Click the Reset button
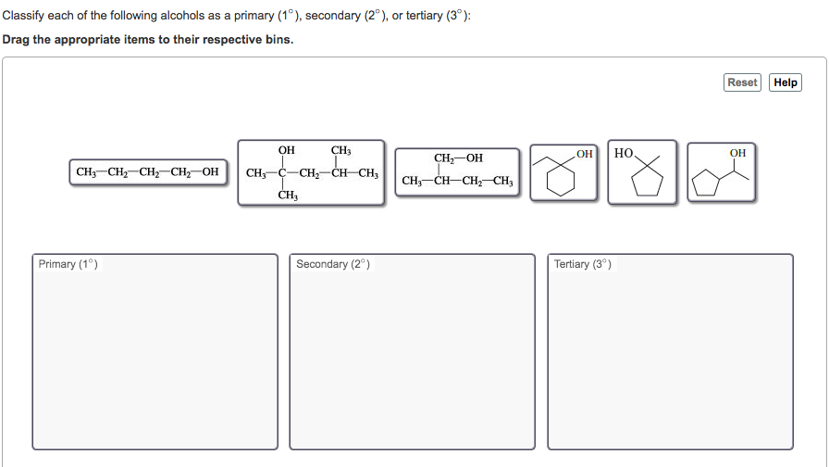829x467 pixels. click(x=742, y=82)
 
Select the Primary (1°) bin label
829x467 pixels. click(x=68, y=265)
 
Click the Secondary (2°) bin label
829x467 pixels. click(x=333, y=265)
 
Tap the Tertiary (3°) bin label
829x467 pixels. click(x=582, y=265)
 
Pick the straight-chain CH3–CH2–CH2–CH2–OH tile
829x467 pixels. click(x=148, y=172)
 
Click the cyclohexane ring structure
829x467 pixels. click(x=560, y=179)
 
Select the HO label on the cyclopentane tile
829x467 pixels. click(x=624, y=153)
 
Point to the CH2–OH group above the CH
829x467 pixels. click(x=458, y=158)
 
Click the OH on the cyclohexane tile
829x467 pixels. click(x=584, y=153)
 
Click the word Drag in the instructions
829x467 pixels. click(x=18, y=40)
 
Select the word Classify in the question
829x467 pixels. click(x=24, y=16)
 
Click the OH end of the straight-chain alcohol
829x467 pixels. click(x=210, y=172)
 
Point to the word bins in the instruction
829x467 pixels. click(x=277, y=40)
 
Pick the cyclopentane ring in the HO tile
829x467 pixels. click(x=646, y=183)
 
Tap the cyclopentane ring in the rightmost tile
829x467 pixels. click(x=708, y=183)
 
